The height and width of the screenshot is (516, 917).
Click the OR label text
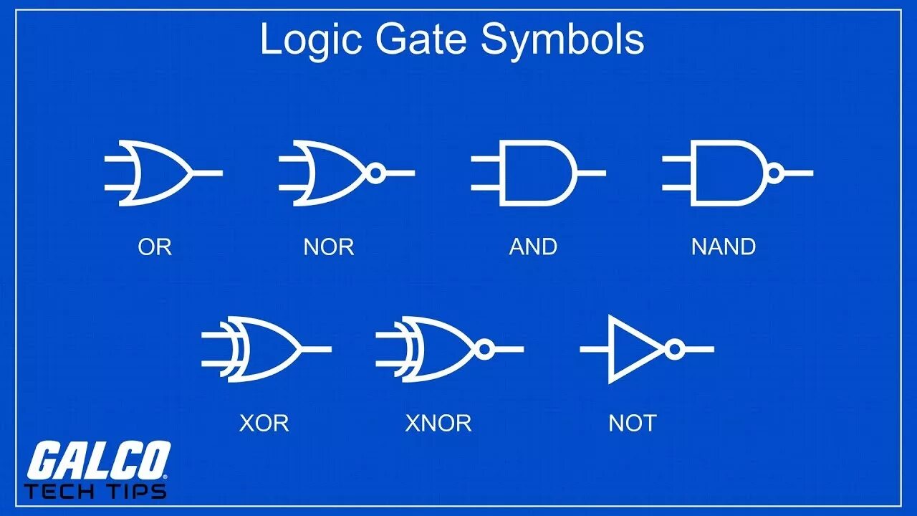pyautogui.click(x=155, y=247)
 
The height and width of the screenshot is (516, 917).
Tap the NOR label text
pyautogui.click(x=329, y=247)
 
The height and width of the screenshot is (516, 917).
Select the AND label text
pyautogui.click(x=533, y=247)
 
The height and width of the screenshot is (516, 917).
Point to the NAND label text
pyautogui.click(x=724, y=247)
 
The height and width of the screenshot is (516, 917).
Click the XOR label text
pyautogui.click(x=264, y=424)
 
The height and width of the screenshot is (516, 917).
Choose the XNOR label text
pyautogui.click(x=438, y=424)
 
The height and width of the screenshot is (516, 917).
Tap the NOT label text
pyautogui.click(x=632, y=424)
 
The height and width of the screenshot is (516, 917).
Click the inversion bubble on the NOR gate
pyautogui.click(x=376, y=173)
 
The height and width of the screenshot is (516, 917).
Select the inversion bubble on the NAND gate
pyautogui.click(x=774, y=173)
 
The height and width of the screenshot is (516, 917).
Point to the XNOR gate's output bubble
pyautogui.click(x=484, y=349)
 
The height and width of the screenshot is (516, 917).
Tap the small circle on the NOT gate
pyautogui.click(x=673, y=349)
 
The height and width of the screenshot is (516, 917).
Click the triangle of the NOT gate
pyautogui.click(x=634, y=349)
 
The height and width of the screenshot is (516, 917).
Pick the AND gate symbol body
pyautogui.click(x=537, y=173)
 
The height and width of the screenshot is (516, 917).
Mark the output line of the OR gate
pyautogui.click(x=208, y=173)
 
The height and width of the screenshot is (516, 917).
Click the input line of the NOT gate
pyautogui.click(x=594, y=349)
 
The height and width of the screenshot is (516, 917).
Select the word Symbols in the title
pyautogui.click(x=562, y=40)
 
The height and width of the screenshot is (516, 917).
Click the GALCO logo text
pyautogui.click(x=99, y=461)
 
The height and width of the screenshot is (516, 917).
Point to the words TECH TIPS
pyautogui.click(x=95, y=491)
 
